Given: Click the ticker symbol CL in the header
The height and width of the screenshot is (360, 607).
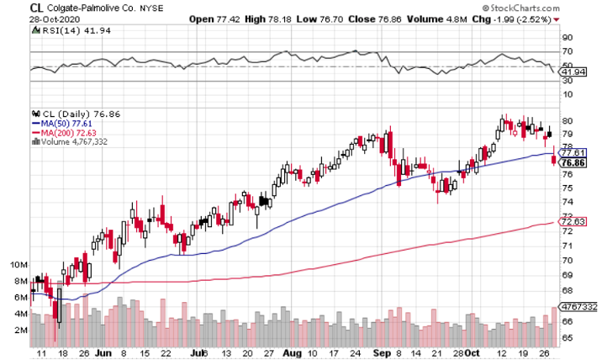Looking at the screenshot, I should [38, 7].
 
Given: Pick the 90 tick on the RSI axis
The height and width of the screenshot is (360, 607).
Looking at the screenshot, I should [568, 38].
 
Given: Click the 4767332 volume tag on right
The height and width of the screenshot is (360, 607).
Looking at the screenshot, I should [579, 307].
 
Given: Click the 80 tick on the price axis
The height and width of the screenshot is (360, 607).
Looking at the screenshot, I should [568, 120].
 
